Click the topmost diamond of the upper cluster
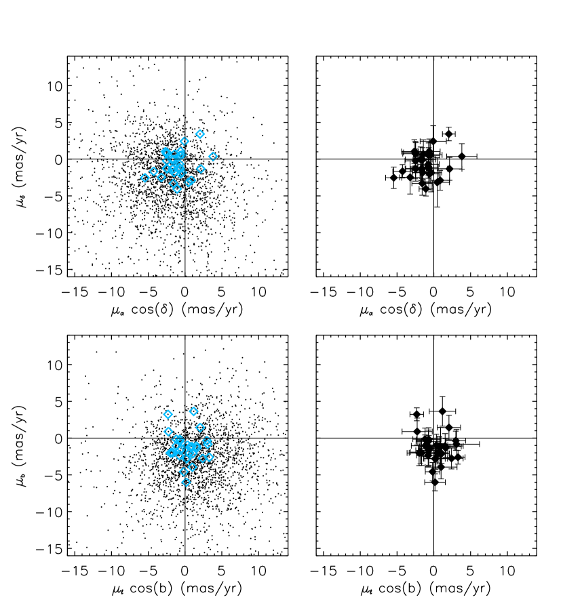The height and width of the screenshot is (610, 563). click(200, 134)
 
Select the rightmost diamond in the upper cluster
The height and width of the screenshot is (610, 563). click(213, 157)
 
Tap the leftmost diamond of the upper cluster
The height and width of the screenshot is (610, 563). click(145, 178)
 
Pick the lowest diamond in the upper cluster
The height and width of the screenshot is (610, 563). click(177, 189)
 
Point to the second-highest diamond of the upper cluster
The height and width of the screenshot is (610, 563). click(185, 141)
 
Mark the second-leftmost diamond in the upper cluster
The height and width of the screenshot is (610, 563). click(154, 171)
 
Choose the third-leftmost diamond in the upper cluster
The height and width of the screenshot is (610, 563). click(161, 178)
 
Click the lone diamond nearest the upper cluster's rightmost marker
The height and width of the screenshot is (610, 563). click(201, 169)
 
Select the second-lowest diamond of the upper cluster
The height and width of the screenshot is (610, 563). click(174, 183)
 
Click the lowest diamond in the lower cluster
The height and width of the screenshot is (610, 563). click(186, 482)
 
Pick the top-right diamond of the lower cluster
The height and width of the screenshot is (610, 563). click(194, 411)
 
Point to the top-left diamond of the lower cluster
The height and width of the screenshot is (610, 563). click(168, 414)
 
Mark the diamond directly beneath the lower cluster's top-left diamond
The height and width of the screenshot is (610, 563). click(168, 432)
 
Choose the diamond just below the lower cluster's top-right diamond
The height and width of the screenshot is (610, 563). click(200, 427)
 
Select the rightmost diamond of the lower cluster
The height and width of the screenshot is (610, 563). click(209, 457)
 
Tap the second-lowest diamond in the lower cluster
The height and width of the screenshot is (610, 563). click(183, 472)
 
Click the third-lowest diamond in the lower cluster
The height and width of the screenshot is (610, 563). click(193, 467)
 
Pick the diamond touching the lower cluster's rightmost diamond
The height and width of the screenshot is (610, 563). click(203, 458)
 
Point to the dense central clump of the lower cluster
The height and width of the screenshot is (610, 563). click(185, 448)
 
